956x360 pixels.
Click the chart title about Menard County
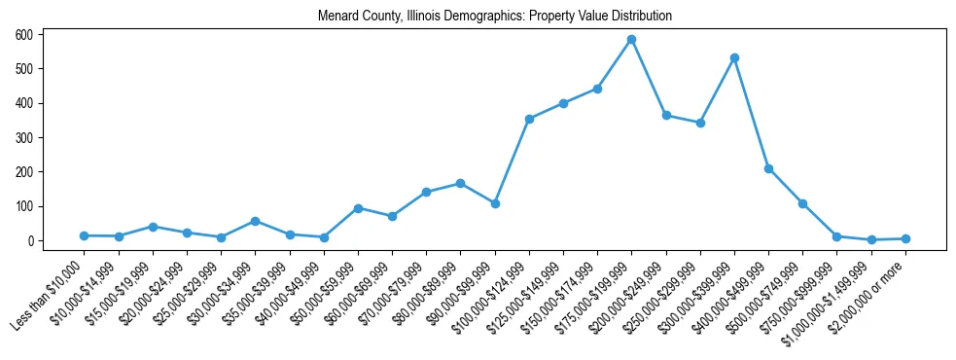point(495,17)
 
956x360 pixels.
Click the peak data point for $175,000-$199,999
point(631,40)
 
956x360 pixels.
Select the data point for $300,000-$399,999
point(734,58)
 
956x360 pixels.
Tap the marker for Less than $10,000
point(85,235)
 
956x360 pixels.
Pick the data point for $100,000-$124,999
point(529,119)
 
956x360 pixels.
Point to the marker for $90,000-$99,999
point(495,203)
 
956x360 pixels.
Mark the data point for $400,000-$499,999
point(768,168)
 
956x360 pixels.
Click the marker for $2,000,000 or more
point(905,238)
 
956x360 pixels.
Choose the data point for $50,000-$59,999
point(358,208)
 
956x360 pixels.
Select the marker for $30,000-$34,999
point(255,221)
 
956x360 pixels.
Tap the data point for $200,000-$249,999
point(666,115)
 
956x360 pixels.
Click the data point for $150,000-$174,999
point(597,89)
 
